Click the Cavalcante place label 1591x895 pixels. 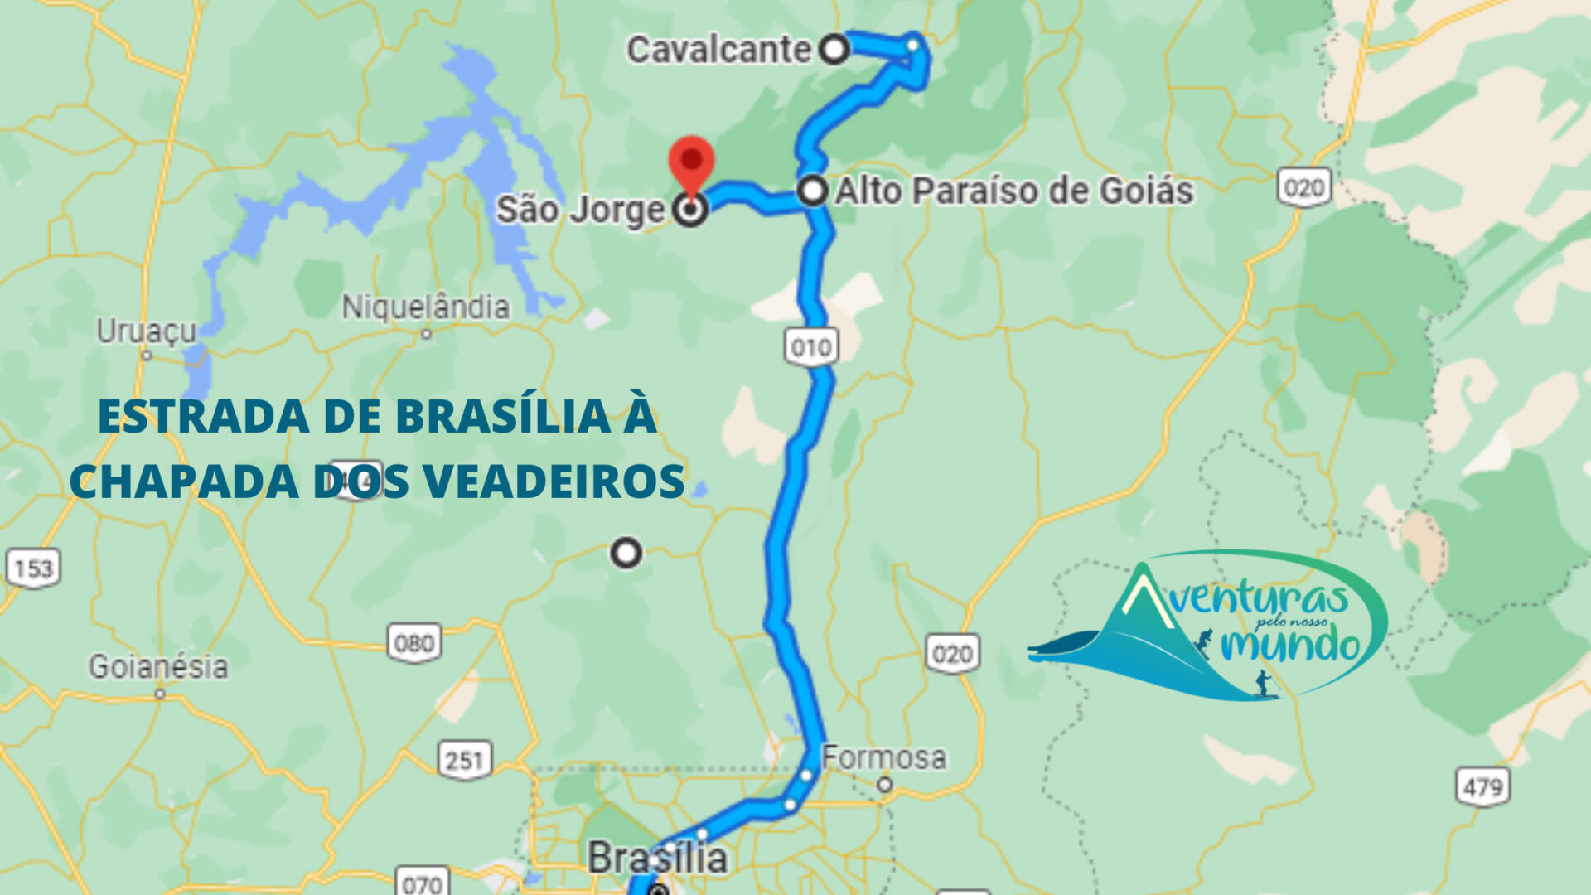pos(718,50)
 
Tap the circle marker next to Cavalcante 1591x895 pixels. pos(834,49)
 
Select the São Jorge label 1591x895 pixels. pos(580,210)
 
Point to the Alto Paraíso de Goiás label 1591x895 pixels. pos(1014,191)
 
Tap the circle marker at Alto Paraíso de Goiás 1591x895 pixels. pos(813,191)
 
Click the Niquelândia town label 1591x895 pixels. pos(425,307)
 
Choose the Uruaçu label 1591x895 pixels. pos(147,331)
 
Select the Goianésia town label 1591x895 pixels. pos(158,667)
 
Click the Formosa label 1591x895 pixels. pos(883,757)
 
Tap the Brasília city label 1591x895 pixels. pos(657,858)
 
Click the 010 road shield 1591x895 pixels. pos(811,347)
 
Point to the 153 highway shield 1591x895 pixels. pos(34,568)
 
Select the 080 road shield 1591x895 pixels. pos(414,643)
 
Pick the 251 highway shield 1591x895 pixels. pos(464,760)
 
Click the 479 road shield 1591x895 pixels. pos(1482,786)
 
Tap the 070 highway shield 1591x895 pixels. pos(423,883)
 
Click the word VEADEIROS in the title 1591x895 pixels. pos(554,481)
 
